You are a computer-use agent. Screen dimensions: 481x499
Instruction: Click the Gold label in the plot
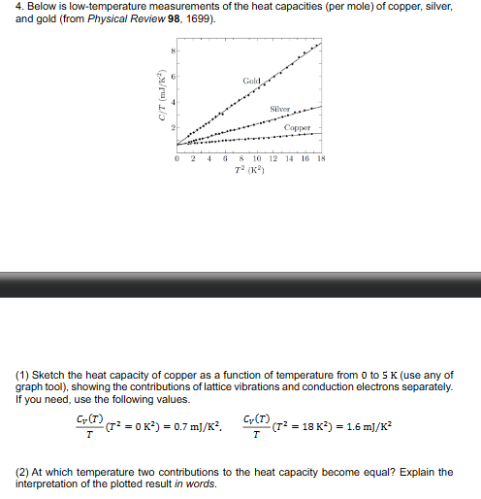click(x=252, y=78)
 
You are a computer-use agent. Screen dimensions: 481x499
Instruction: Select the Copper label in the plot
click(x=297, y=127)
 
